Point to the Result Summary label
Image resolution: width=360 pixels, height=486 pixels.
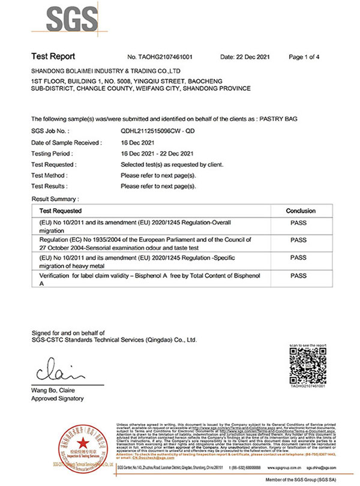click(x=55, y=198)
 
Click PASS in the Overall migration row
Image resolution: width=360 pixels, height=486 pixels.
click(x=298, y=223)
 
